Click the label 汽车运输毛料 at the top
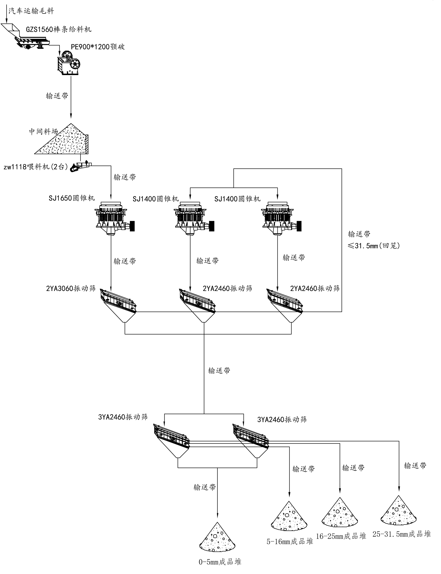coord(31,11)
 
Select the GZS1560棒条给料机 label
coord(59,29)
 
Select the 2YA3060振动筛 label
coord(71,289)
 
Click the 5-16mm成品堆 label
coord(290,541)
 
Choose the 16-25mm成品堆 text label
coord(341,536)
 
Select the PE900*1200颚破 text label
coord(98,47)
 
